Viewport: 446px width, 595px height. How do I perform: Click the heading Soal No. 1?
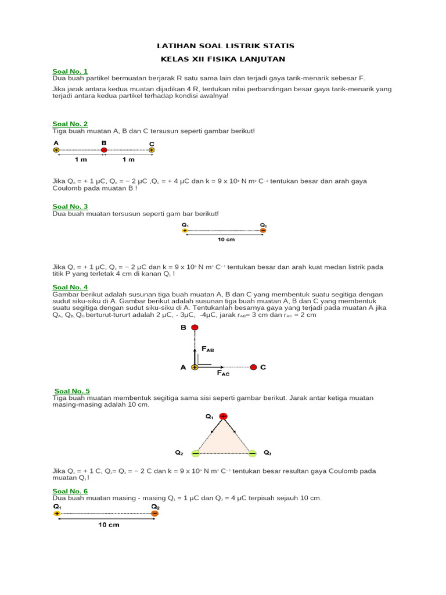tap(70, 71)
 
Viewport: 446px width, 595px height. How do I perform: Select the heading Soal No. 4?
tap(70, 287)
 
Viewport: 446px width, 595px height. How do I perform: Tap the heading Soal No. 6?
tap(70, 491)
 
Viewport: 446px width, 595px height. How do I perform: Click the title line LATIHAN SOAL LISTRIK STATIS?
tap(226, 45)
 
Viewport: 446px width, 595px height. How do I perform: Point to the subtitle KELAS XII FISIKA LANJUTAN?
tap(223, 59)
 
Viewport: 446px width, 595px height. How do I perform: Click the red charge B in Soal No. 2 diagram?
tap(104, 150)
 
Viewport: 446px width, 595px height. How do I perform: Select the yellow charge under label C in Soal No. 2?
tap(152, 150)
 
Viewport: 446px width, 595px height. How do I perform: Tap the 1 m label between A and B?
tap(80, 159)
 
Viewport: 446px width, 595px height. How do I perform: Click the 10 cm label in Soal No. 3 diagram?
tap(225, 239)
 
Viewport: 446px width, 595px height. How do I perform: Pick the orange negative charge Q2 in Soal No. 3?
tap(263, 231)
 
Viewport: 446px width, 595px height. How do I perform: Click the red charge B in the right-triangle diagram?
tap(195, 328)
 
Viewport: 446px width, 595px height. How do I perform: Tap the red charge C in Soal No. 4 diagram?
tap(254, 367)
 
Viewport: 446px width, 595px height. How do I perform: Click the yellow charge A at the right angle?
tap(195, 367)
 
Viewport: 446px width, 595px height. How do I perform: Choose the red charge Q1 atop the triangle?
tap(223, 416)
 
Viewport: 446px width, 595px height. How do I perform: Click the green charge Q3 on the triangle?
tap(252, 453)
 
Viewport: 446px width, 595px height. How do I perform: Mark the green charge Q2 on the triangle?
tap(196, 453)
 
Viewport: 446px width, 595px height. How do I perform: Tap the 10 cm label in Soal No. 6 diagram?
tap(109, 525)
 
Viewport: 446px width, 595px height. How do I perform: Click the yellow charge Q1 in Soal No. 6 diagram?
tap(56, 513)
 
